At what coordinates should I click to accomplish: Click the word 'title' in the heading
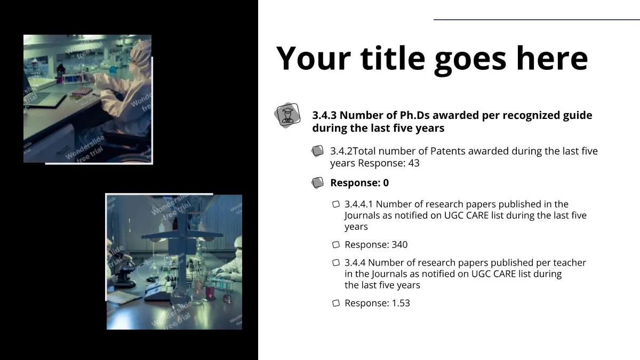393,59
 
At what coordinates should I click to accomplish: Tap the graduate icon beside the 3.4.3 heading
287,115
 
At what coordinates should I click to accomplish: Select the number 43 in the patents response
414,163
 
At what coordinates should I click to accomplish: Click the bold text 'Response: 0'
359,183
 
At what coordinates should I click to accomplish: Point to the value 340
399,245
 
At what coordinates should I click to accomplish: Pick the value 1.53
401,303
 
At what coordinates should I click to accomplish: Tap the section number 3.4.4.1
358,204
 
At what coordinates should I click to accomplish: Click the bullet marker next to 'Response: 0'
317,183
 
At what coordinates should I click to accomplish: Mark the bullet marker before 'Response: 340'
336,245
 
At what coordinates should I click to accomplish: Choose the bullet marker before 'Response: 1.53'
336,303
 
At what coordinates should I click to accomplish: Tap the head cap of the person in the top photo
140,51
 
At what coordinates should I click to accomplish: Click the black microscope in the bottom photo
123,274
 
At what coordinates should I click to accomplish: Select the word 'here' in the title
552,59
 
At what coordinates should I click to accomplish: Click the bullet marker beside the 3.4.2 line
317,151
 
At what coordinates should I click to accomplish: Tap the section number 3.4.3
324,115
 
